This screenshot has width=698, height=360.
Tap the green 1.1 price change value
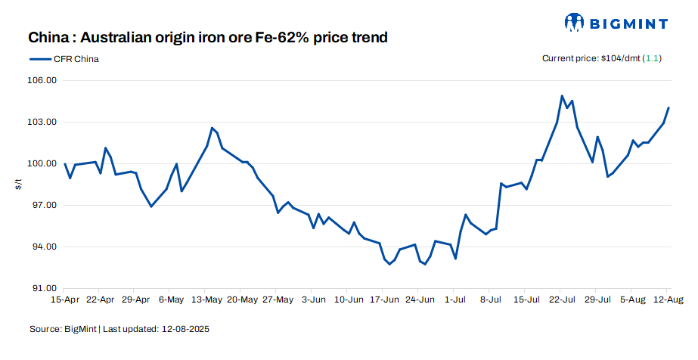[652, 58]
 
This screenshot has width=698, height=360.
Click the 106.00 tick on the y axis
[43, 80]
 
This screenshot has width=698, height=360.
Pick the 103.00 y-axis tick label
[43, 122]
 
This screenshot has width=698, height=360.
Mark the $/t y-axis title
[18, 185]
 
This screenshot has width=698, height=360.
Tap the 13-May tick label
[206, 299]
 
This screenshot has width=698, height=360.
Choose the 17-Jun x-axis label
[383, 299]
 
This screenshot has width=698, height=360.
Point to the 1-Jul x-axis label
[454, 299]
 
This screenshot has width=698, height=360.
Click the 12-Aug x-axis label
[666, 299]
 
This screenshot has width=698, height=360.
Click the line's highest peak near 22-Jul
[562, 96]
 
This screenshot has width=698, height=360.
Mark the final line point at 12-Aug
[669, 108]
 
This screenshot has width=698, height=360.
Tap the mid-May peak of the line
[212, 128]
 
